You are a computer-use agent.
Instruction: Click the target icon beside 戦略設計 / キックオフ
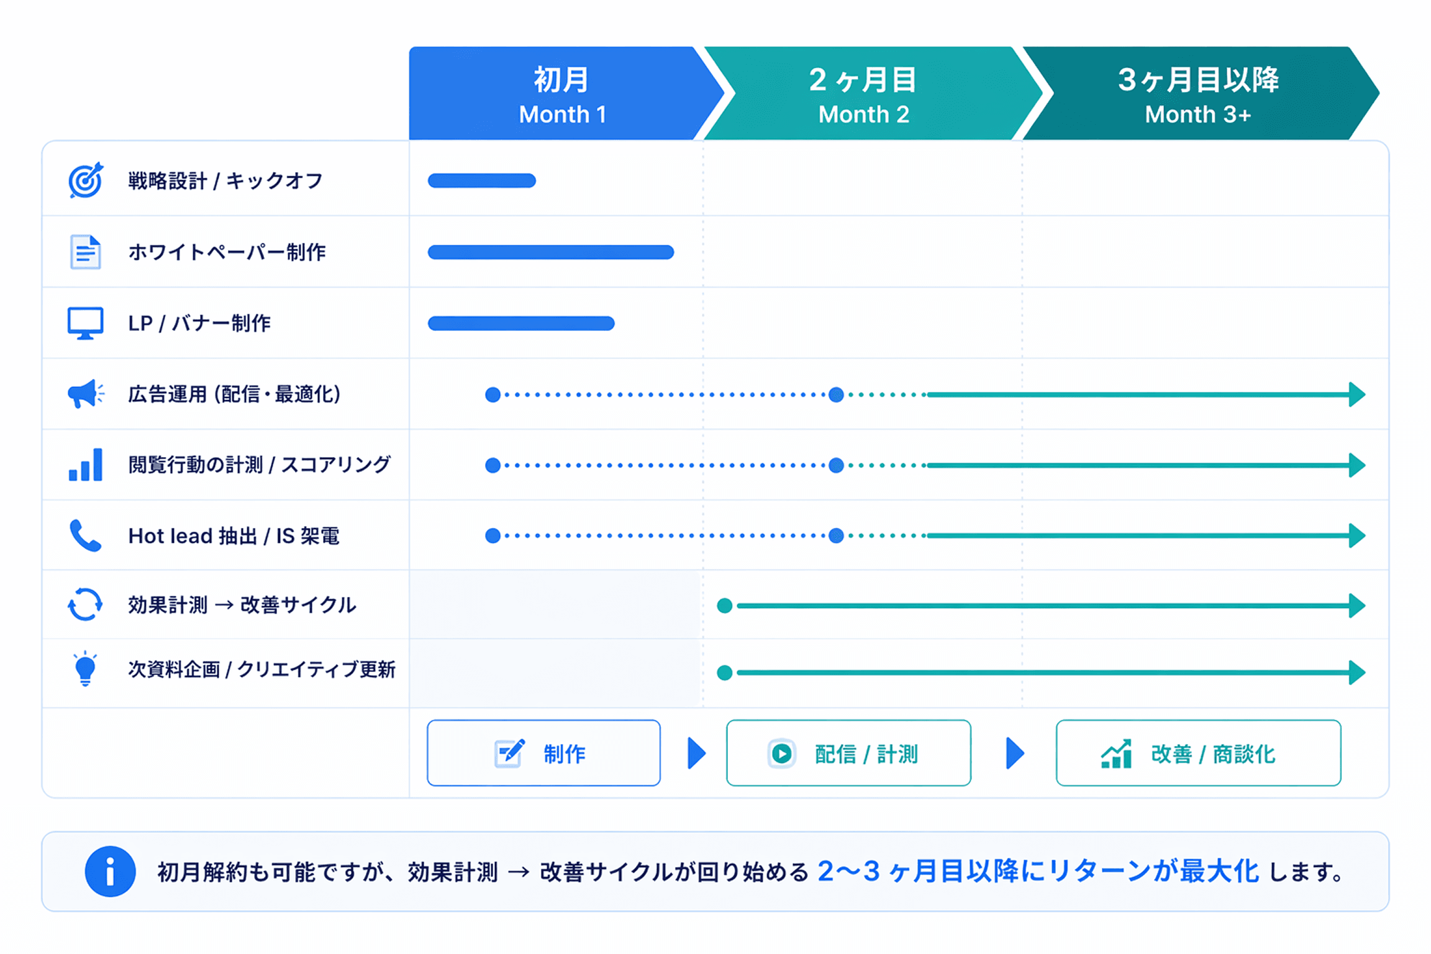[x=86, y=180]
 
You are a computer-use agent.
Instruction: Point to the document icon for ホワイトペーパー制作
[x=85, y=252]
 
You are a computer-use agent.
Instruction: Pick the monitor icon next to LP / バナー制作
[x=85, y=323]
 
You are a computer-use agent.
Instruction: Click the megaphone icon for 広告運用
[x=85, y=394]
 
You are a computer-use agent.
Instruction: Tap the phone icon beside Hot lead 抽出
[x=85, y=535]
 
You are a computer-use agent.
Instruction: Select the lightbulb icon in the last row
[x=85, y=669]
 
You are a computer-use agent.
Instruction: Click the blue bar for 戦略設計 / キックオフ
[x=481, y=181]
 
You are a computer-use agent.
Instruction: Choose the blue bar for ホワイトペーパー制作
[x=550, y=252]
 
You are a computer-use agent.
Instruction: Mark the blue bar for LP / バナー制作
[x=520, y=324]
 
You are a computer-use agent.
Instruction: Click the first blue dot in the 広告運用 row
[x=493, y=394]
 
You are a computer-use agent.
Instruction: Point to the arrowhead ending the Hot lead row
[x=1357, y=535]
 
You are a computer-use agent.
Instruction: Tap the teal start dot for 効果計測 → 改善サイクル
[x=724, y=606]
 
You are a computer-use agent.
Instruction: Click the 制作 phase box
[x=543, y=753]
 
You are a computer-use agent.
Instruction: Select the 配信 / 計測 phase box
[x=848, y=753]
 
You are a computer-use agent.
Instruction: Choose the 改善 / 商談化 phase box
[x=1197, y=753]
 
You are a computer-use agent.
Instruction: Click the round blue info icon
[x=110, y=871]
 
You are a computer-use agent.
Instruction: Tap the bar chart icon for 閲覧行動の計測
[x=85, y=465]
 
